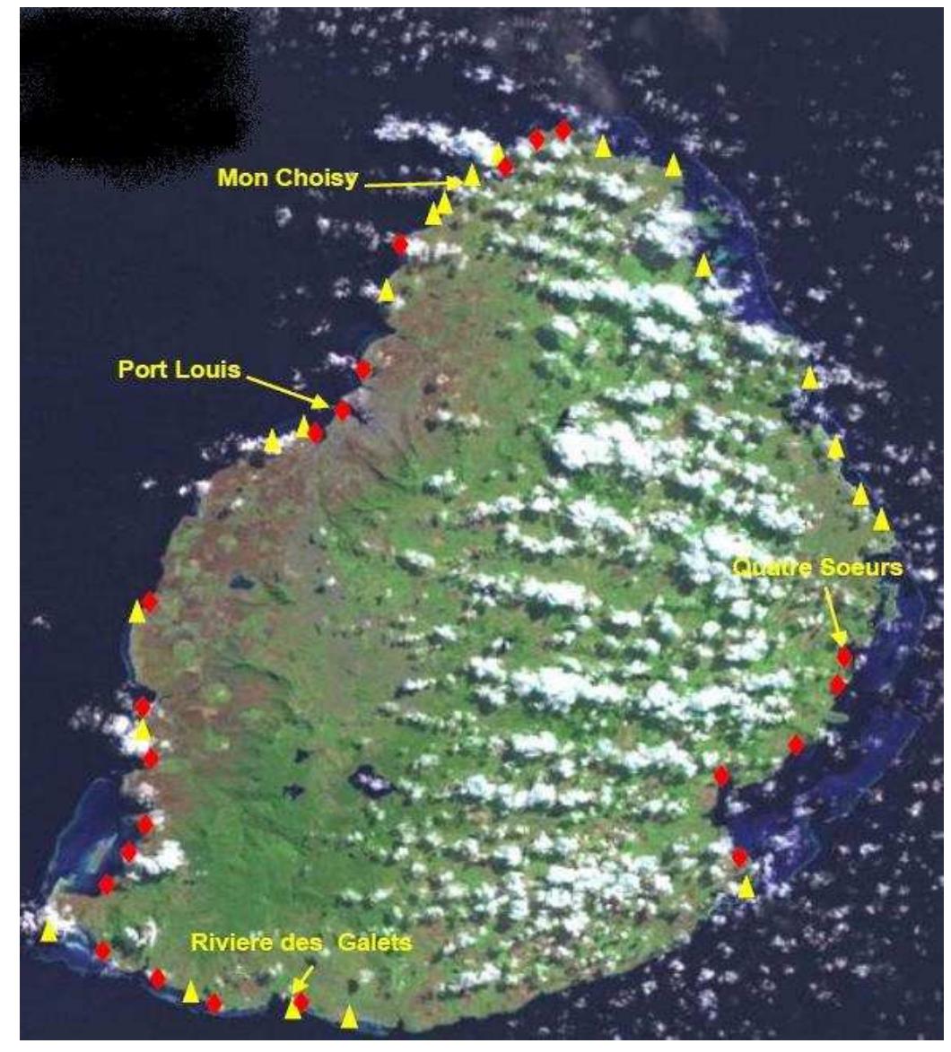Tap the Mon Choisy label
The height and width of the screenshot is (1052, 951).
[x=287, y=178]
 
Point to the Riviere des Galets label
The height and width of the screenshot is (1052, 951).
[x=301, y=943]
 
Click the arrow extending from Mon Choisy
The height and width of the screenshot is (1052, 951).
[x=413, y=183]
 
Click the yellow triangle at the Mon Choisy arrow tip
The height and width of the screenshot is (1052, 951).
[x=472, y=175]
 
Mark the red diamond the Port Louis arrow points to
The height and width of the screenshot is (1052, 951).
[x=342, y=411]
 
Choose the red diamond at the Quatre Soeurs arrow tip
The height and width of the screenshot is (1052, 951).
[x=844, y=656]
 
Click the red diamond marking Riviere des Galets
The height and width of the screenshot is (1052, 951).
[x=301, y=1001]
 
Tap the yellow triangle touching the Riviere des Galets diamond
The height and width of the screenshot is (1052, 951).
[x=292, y=1010]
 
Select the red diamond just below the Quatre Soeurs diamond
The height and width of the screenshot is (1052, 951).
[x=838, y=686]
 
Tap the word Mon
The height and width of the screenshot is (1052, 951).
[x=240, y=178]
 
